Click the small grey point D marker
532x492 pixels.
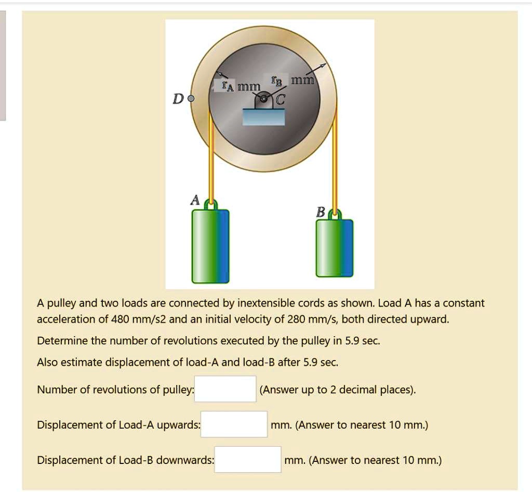tap(191, 98)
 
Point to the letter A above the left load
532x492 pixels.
tap(195, 200)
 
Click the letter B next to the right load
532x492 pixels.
tap(321, 212)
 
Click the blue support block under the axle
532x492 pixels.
tap(264, 117)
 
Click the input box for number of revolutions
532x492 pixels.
tap(225, 389)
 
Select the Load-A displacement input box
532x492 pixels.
tap(234, 424)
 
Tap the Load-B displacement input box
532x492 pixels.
tap(248, 460)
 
